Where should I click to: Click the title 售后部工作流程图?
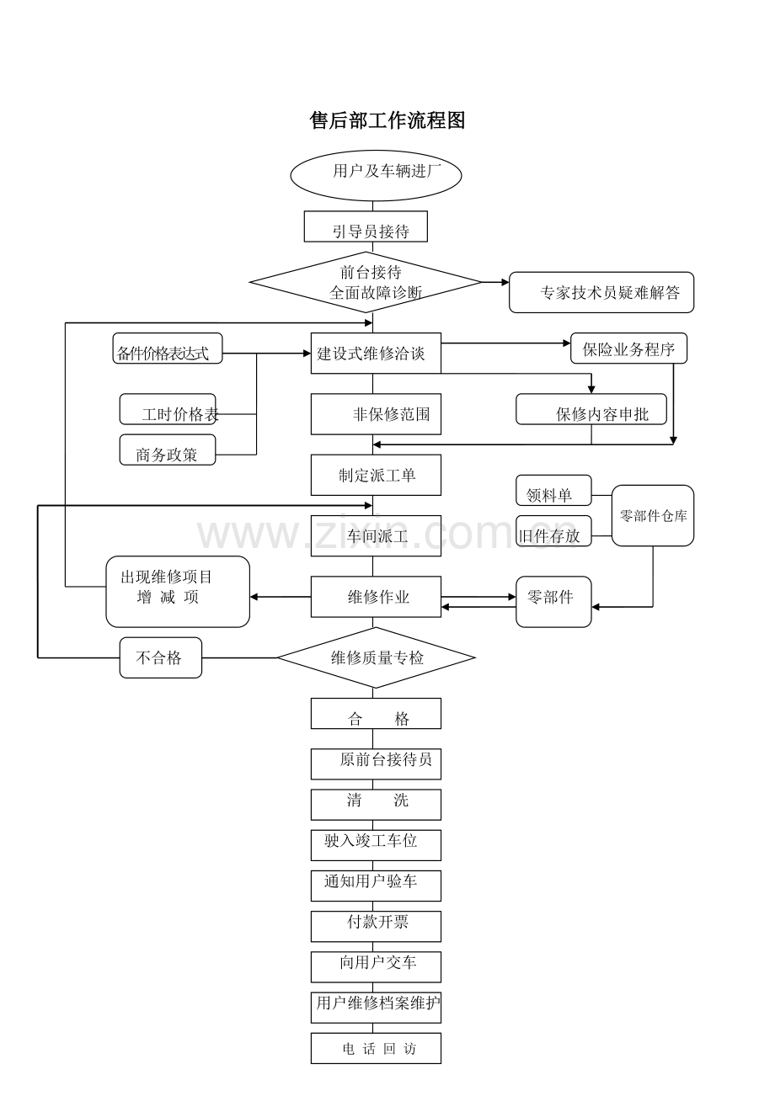click(x=387, y=120)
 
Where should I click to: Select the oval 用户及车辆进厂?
click(x=376, y=175)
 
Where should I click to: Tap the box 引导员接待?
click(x=366, y=226)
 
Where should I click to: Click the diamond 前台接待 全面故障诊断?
click(x=366, y=283)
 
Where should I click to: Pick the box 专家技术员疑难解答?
click(x=601, y=292)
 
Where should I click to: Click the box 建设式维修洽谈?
click(x=376, y=353)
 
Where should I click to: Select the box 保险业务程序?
click(x=628, y=348)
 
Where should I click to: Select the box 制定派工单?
click(x=376, y=475)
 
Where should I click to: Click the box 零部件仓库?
click(x=653, y=515)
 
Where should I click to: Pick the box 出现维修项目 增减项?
click(x=178, y=591)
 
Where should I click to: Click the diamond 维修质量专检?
click(x=376, y=657)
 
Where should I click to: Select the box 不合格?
click(x=161, y=657)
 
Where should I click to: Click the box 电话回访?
click(x=376, y=1048)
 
